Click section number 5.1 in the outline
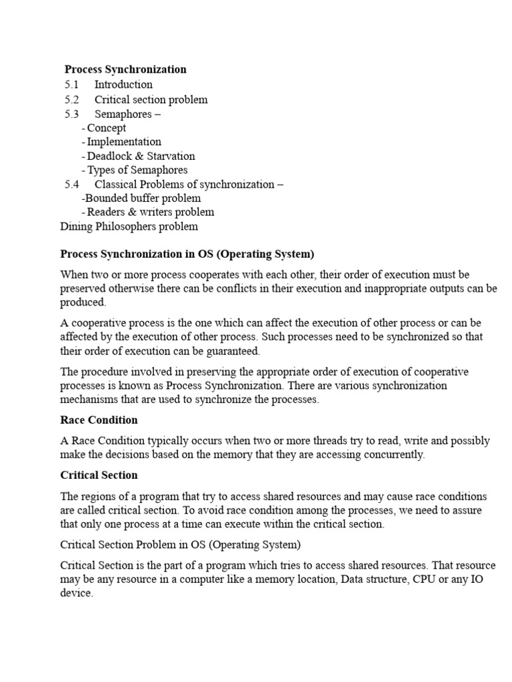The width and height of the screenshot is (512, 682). (71, 85)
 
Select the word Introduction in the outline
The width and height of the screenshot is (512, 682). (123, 85)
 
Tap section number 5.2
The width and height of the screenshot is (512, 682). (71, 100)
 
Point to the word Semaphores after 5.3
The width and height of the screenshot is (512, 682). (123, 114)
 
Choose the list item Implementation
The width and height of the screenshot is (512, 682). (124, 142)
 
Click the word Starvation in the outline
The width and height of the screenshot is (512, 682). (171, 157)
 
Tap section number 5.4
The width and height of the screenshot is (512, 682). (71, 184)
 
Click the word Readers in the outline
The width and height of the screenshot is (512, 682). (107, 212)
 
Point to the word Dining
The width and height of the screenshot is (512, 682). (76, 226)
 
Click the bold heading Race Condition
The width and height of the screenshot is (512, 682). (99, 420)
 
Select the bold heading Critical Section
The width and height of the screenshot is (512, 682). (99, 476)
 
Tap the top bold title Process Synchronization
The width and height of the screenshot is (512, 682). (125, 69)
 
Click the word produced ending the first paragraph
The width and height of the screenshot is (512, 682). (82, 302)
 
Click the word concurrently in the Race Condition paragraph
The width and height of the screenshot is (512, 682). (391, 455)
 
